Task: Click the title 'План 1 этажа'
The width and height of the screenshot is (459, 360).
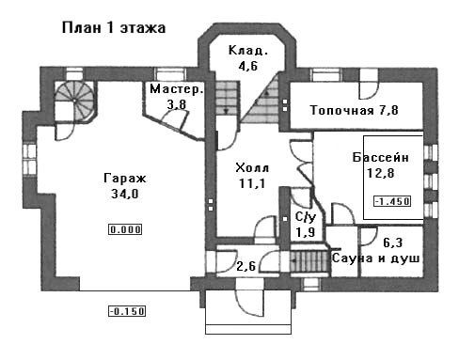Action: click(114, 27)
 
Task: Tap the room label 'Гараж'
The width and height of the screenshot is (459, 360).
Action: click(125, 179)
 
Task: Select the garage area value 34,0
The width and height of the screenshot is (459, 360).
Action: click(125, 194)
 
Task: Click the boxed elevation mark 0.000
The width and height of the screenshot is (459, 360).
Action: click(125, 229)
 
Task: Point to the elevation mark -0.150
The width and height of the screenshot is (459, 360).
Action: click(127, 311)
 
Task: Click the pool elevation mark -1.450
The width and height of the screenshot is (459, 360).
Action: click(392, 201)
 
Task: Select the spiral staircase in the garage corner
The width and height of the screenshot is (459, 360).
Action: click(74, 101)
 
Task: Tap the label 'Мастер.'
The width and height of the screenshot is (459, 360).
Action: click(177, 89)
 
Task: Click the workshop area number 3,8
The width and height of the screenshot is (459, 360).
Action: click(177, 104)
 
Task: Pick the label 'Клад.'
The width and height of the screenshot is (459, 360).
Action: click(248, 51)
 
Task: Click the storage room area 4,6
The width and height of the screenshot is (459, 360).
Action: click(247, 66)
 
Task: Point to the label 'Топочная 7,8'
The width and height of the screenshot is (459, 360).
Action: click(355, 110)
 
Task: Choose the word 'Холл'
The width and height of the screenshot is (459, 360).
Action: click(252, 168)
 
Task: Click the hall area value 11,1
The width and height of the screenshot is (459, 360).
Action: click(252, 183)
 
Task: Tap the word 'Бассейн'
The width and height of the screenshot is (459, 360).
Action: click(381, 157)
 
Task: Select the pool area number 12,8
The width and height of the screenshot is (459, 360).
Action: click(381, 173)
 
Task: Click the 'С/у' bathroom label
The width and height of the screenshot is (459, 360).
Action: click(306, 217)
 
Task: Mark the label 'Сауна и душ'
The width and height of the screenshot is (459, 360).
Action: click(375, 258)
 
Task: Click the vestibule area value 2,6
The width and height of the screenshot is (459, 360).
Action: click(246, 267)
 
